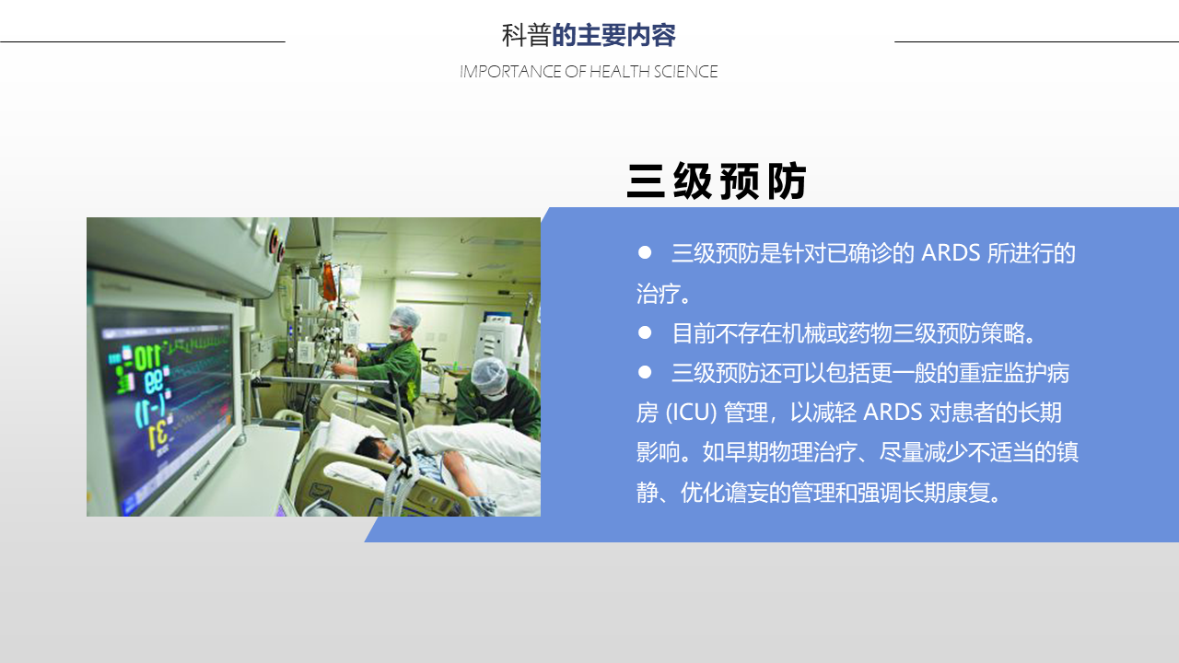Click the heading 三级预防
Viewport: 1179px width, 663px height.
click(717, 181)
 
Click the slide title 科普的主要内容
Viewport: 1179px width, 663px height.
click(589, 35)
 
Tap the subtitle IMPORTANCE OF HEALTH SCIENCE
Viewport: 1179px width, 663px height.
click(589, 72)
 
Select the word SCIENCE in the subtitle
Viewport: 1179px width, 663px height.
click(685, 72)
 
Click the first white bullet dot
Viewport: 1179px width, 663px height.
click(645, 252)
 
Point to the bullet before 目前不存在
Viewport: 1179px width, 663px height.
click(645, 332)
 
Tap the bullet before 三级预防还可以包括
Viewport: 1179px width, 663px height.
click(645, 373)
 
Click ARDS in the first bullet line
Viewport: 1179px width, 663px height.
click(951, 253)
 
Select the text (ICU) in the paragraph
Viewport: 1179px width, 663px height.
click(691, 413)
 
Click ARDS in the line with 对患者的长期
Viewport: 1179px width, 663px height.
click(893, 413)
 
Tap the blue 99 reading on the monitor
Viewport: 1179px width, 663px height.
click(154, 381)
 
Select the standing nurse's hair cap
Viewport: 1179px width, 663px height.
click(404, 316)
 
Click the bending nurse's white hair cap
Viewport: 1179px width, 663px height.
click(489, 374)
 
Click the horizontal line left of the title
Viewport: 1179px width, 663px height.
click(143, 41)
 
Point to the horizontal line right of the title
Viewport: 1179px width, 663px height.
click(1036, 41)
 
